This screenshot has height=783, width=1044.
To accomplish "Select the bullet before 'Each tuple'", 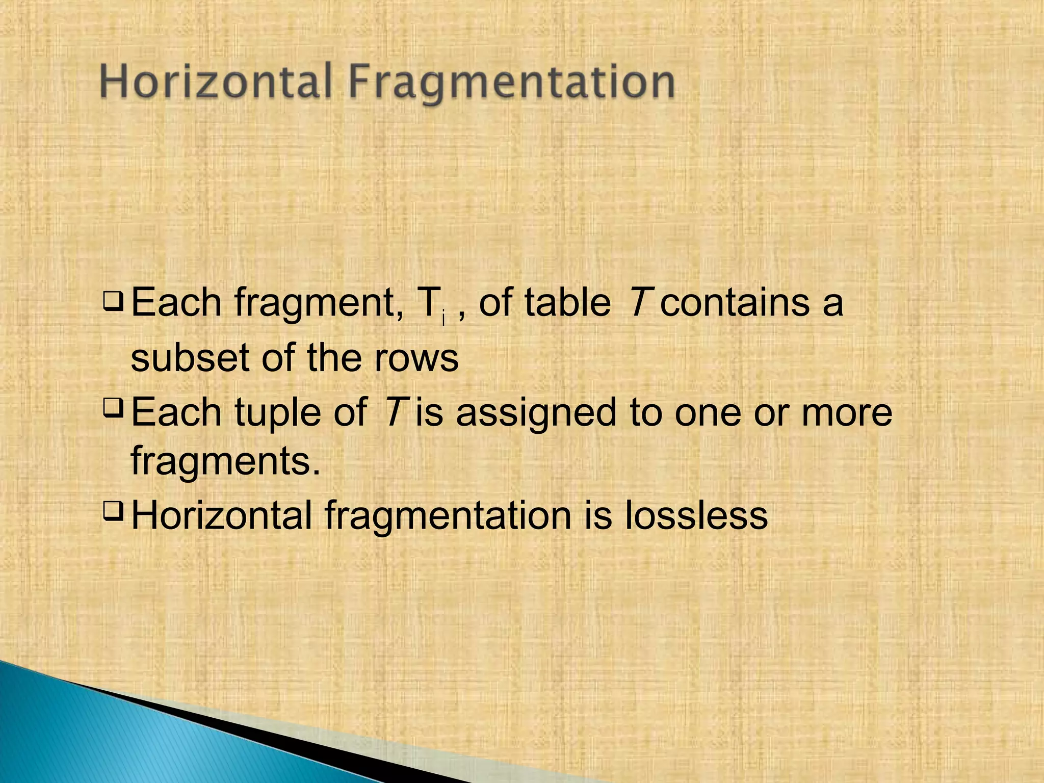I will [113, 408].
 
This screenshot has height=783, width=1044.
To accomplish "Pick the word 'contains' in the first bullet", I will [734, 303].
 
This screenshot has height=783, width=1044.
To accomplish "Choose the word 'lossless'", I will [696, 515].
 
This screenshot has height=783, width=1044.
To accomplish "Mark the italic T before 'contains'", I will [639, 303].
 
